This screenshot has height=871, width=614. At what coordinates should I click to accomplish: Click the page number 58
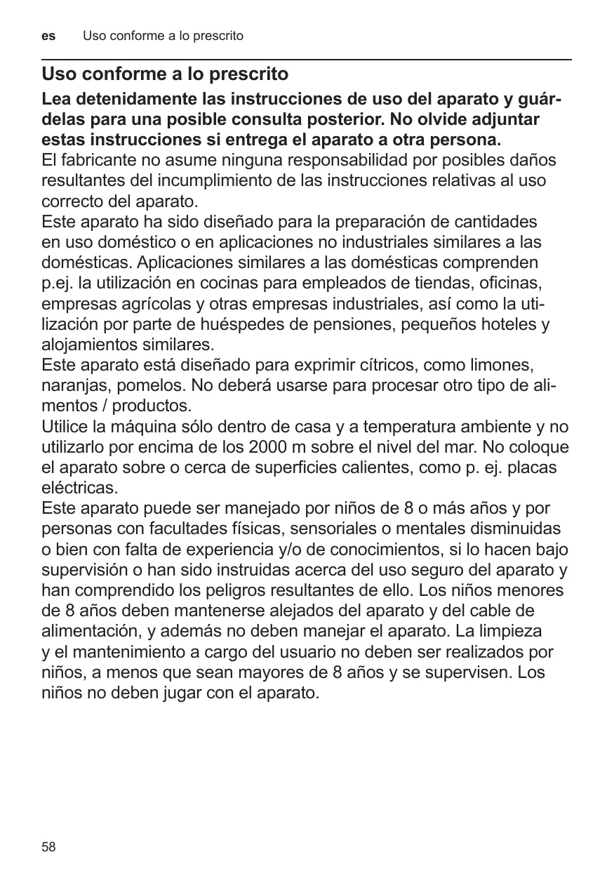click(48, 847)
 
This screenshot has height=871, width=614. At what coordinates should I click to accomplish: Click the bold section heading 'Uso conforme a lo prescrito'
click(165, 74)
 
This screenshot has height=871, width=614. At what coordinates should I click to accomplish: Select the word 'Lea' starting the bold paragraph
click(57, 100)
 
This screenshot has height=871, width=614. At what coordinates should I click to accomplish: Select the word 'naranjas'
click(72, 387)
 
